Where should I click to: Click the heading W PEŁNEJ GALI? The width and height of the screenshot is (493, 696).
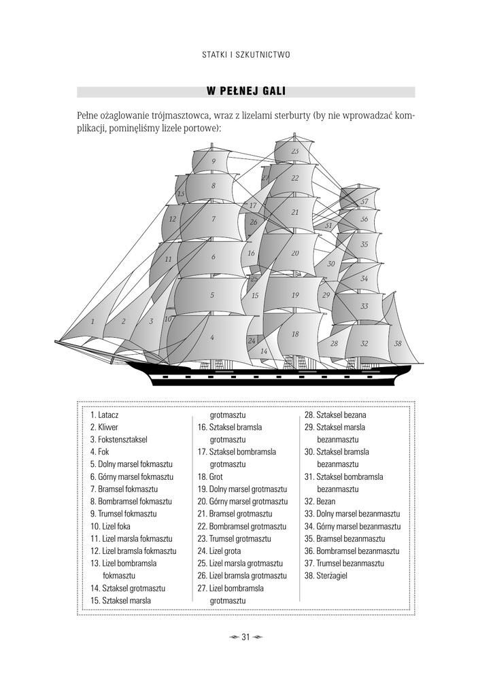(246, 92)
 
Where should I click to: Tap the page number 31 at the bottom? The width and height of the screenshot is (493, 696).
(246, 637)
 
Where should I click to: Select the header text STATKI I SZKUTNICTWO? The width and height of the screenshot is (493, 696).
(246, 55)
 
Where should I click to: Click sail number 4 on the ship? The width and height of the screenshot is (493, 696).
(212, 337)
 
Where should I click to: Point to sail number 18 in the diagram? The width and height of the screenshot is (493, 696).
(295, 334)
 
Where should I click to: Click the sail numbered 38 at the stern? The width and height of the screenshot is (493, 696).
(398, 344)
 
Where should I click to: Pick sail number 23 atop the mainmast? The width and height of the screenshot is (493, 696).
(295, 151)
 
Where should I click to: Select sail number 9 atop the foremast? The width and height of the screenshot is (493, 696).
(214, 161)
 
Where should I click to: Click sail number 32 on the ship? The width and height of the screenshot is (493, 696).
(364, 344)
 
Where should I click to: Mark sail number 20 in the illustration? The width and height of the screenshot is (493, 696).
(295, 253)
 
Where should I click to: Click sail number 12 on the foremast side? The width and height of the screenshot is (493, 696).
(173, 219)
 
